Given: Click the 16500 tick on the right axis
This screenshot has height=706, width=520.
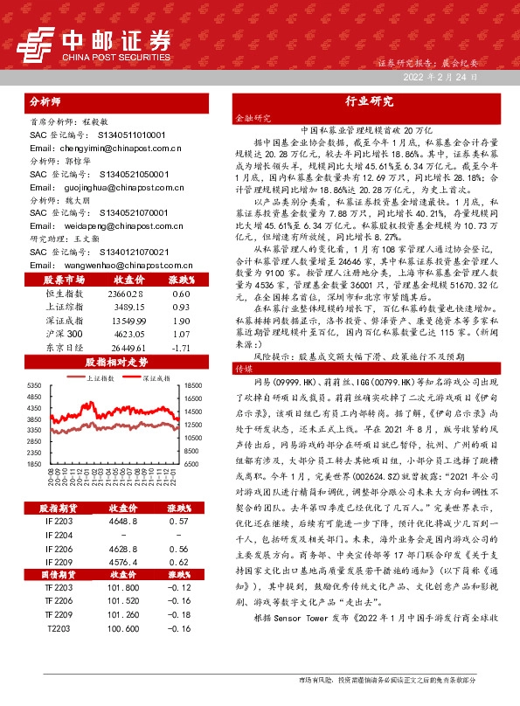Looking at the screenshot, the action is (194, 385).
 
